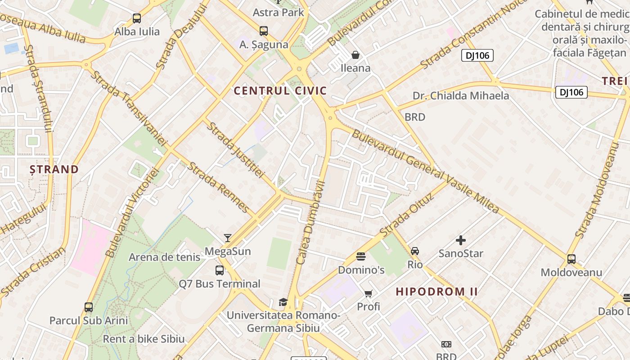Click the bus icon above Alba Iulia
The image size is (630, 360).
[x=137, y=18]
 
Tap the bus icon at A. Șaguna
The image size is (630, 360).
[x=264, y=31]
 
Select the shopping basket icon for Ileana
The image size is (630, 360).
[x=355, y=55]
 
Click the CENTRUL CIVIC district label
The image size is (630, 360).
[x=280, y=91]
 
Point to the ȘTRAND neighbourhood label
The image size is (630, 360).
[x=54, y=170]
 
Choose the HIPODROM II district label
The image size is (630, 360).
[x=436, y=292]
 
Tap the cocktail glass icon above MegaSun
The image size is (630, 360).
[x=228, y=238]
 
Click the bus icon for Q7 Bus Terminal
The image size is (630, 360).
[x=220, y=270]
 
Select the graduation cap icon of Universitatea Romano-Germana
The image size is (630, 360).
[x=283, y=302]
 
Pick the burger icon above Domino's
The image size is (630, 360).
[x=361, y=256]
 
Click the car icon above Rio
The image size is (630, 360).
[x=415, y=251]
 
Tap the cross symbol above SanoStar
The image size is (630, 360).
[x=461, y=240]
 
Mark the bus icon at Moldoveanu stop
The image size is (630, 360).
[x=571, y=259]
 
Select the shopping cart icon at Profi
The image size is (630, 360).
[x=369, y=293]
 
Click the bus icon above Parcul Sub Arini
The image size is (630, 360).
[x=89, y=307]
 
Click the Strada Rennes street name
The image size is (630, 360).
[x=218, y=187]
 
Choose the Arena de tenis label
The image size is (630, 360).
[x=165, y=257]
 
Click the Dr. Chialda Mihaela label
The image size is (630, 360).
[x=461, y=96]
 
